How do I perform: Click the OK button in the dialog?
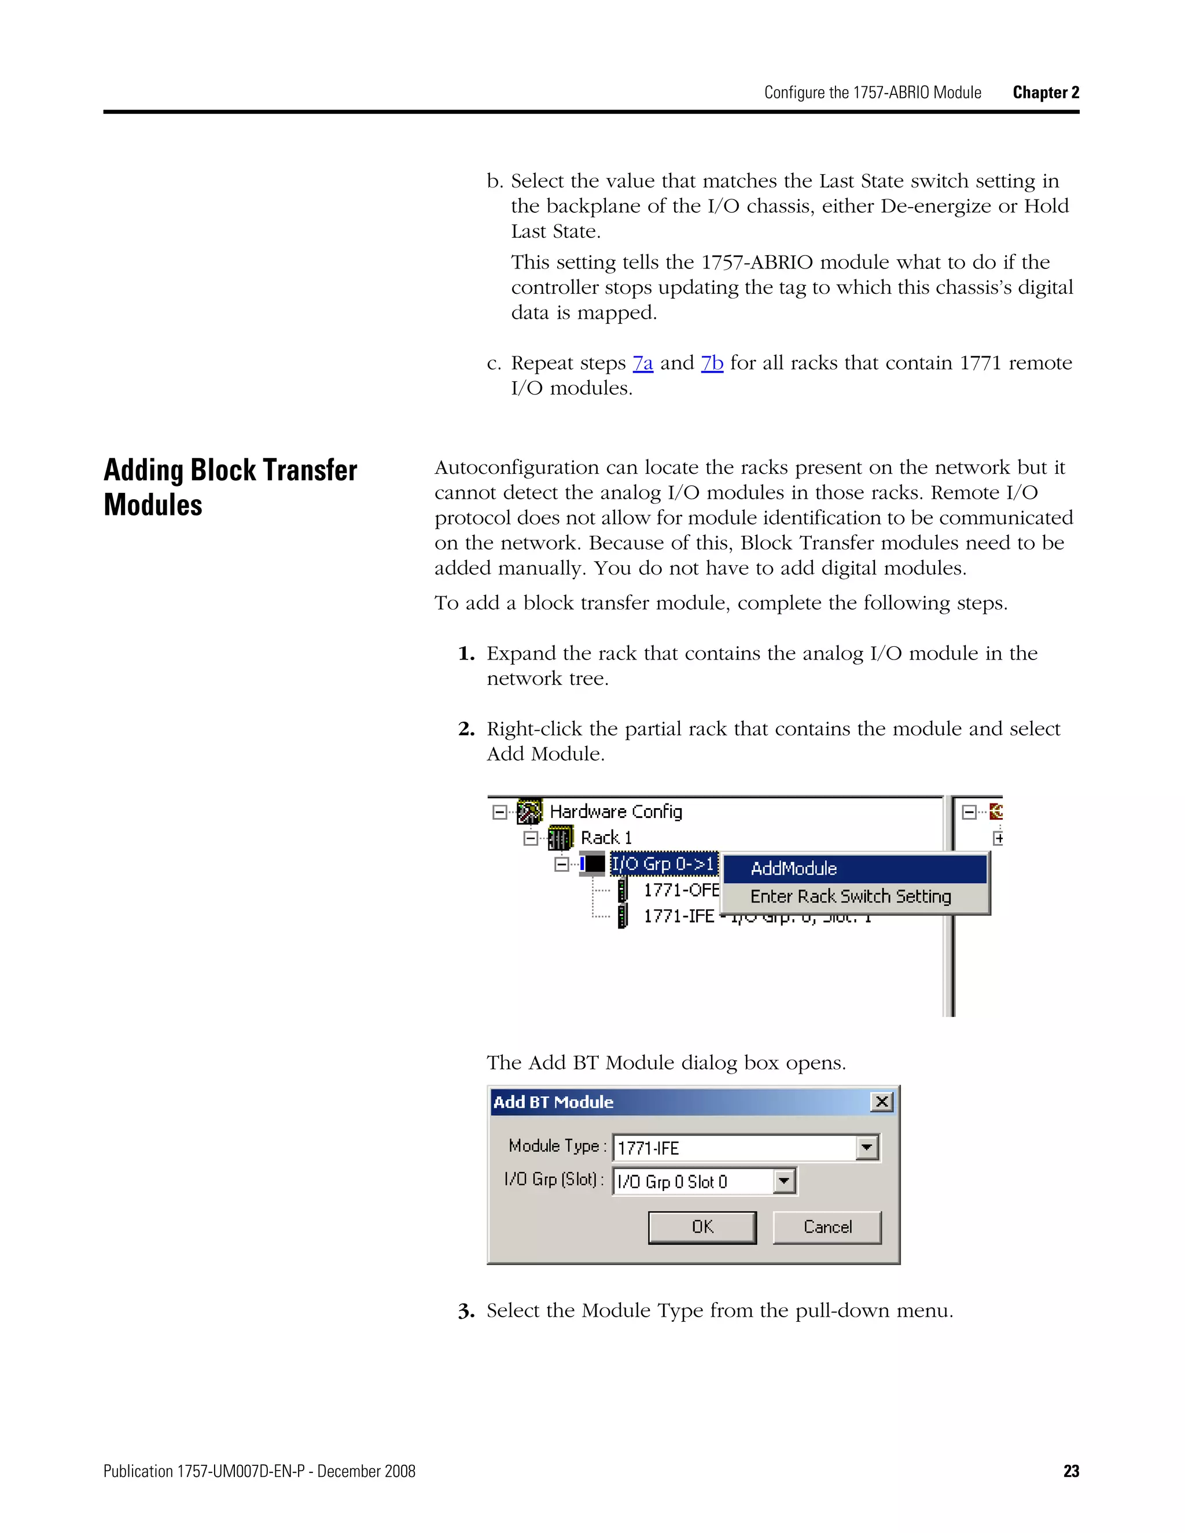(x=702, y=1227)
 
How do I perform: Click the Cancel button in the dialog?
(x=827, y=1227)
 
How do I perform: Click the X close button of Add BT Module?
(x=882, y=1102)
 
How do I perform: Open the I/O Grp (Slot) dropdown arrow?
(x=784, y=1181)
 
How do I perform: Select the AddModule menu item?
(x=793, y=869)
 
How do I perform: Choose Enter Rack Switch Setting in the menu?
(x=850, y=896)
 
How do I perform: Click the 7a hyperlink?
(x=642, y=363)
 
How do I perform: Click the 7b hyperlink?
(x=712, y=363)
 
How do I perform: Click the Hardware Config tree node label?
(x=615, y=812)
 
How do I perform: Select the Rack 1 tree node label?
(x=606, y=838)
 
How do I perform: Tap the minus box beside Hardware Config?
(x=500, y=812)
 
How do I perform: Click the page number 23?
(x=1070, y=1471)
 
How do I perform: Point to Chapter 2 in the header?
(x=1046, y=93)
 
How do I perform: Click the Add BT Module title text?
(x=553, y=1102)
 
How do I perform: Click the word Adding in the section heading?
(x=143, y=470)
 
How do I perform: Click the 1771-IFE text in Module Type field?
(x=648, y=1148)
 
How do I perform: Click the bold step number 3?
(x=466, y=1311)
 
